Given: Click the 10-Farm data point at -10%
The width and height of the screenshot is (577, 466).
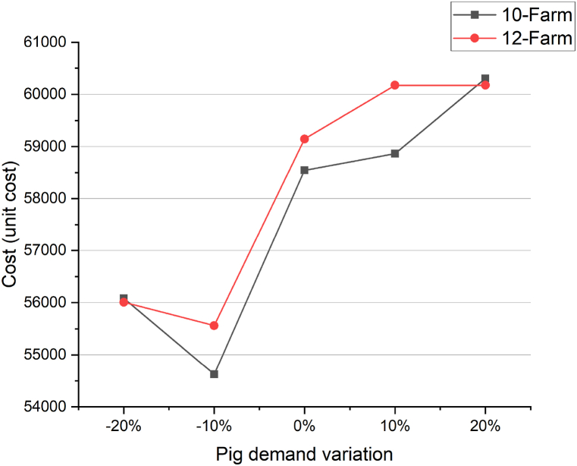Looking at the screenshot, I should tap(214, 374).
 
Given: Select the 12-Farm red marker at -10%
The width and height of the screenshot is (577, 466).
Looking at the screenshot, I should tap(214, 326).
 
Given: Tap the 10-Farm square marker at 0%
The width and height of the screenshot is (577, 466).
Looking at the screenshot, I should tap(304, 170).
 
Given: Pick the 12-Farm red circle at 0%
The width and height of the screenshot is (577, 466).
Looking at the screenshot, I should tap(304, 139).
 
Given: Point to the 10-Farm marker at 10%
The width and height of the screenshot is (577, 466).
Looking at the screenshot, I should tap(394, 153).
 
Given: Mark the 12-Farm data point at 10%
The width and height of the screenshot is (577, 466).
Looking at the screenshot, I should tap(394, 85).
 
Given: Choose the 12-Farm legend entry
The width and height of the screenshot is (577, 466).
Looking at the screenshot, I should tap(513, 38).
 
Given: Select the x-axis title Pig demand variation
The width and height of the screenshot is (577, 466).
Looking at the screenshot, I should tap(304, 454).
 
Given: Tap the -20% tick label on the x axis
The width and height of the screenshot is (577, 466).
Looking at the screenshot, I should tap(124, 426).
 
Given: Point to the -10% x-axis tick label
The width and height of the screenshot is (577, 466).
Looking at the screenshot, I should tap(214, 426).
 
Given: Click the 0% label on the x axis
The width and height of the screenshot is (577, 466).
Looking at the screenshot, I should tap(304, 426).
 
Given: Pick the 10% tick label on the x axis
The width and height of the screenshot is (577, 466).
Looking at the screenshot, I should tap(394, 426).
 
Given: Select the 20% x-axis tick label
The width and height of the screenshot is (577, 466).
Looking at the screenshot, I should tap(485, 426).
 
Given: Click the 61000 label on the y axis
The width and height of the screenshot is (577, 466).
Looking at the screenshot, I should tap(47, 43).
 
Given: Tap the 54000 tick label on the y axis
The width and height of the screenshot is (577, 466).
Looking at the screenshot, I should tap(47, 407).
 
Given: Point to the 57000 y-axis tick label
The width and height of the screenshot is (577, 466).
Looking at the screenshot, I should tap(47, 250).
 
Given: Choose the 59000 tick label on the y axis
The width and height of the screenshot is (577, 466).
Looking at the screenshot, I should tap(47, 146).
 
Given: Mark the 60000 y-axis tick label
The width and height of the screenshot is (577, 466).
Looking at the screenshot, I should tap(47, 95).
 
